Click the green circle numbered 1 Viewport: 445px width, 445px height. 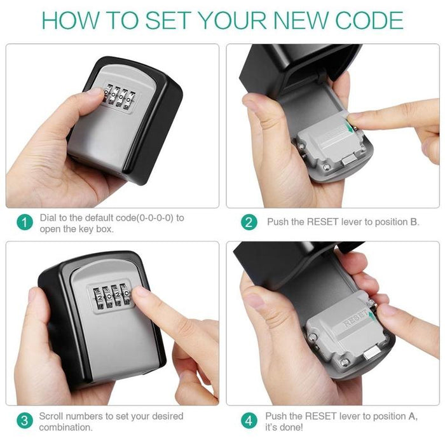point(24,222)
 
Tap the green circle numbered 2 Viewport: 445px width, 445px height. point(249,222)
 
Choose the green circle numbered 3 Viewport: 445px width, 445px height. point(24,421)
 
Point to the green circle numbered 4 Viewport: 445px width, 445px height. point(249,421)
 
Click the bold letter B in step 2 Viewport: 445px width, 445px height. point(414,222)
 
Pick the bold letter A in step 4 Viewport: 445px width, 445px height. point(412,416)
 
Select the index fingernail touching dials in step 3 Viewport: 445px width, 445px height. point(141,293)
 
